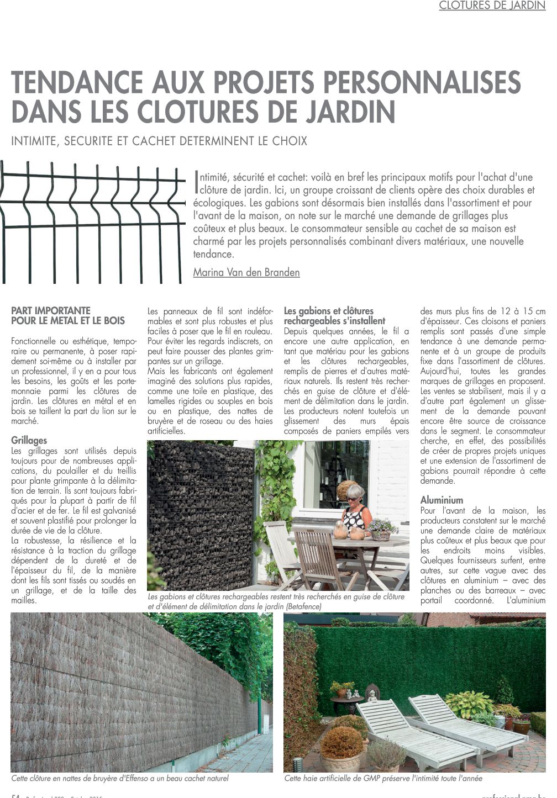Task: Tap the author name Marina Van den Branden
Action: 246,272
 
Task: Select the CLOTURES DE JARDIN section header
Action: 492,6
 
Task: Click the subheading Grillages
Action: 29,440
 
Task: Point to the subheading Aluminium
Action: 442,500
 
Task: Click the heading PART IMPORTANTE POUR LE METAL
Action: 68,315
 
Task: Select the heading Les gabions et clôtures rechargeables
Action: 334,315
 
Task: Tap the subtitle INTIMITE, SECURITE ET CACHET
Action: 159,141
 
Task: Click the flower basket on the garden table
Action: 381,530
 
